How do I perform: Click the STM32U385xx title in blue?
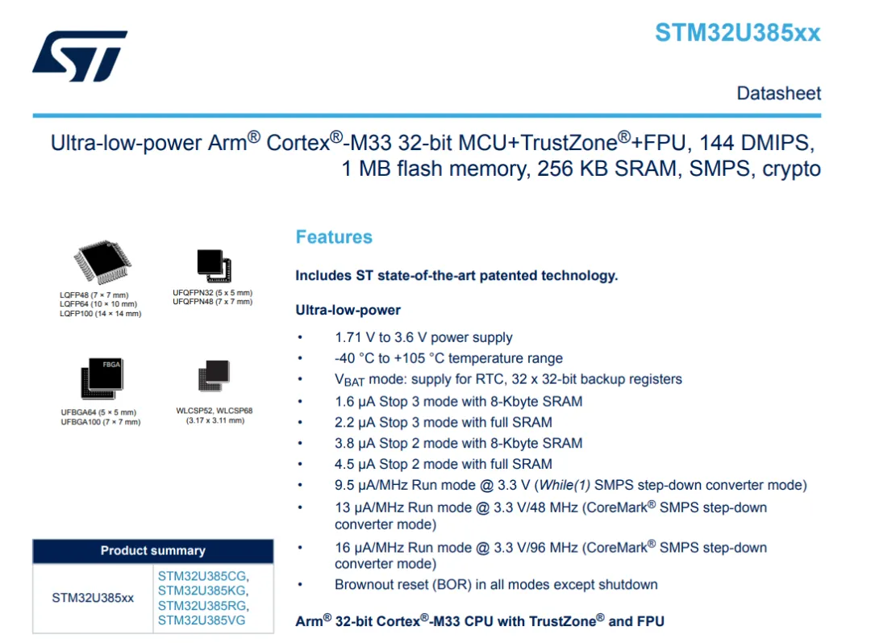click(x=737, y=33)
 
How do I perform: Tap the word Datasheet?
click(x=778, y=94)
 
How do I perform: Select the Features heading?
click(x=334, y=237)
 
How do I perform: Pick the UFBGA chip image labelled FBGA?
click(x=101, y=378)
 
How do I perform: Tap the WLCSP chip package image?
click(x=214, y=377)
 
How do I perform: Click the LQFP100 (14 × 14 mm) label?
click(x=100, y=314)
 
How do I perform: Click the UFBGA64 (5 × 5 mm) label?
click(x=101, y=412)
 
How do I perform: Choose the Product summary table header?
click(x=152, y=551)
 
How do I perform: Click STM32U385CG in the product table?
click(x=203, y=576)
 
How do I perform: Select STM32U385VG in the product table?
click(x=202, y=620)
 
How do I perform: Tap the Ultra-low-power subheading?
click(x=348, y=311)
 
